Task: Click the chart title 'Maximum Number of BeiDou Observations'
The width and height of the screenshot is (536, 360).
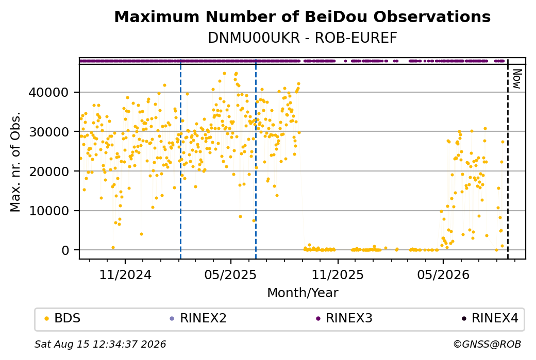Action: click(x=302, y=16)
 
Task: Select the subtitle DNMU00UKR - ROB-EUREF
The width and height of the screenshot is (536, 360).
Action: click(x=302, y=38)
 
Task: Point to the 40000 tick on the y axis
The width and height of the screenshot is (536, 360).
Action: click(x=49, y=93)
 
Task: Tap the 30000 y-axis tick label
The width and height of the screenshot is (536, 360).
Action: click(x=49, y=132)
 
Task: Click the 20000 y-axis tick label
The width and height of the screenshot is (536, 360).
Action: click(x=49, y=172)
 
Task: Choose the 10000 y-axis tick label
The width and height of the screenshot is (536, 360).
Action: click(x=49, y=211)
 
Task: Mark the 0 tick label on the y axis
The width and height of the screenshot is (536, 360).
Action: click(x=65, y=250)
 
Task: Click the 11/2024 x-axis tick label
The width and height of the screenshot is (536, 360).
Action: click(x=125, y=275)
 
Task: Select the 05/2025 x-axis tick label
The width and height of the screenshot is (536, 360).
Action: click(x=230, y=275)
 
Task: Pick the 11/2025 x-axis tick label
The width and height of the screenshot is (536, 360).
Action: click(x=338, y=275)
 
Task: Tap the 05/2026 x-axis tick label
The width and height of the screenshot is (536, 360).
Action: click(x=443, y=275)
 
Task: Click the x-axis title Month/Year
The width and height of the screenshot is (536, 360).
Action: click(x=303, y=293)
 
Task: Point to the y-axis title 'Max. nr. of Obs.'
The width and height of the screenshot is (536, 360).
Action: click(x=15, y=162)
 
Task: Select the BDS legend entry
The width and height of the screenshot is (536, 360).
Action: click(x=63, y=318)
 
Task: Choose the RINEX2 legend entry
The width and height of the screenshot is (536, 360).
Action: click(x=198, y=318)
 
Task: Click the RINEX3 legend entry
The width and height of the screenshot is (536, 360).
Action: click(x=344, y=318)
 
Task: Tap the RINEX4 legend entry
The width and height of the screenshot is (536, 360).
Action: click(x=490, y=318)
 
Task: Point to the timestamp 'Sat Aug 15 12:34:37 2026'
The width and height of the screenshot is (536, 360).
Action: click(x=100, y=344)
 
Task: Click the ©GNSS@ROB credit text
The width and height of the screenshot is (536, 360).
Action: click(x=487, y=344)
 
